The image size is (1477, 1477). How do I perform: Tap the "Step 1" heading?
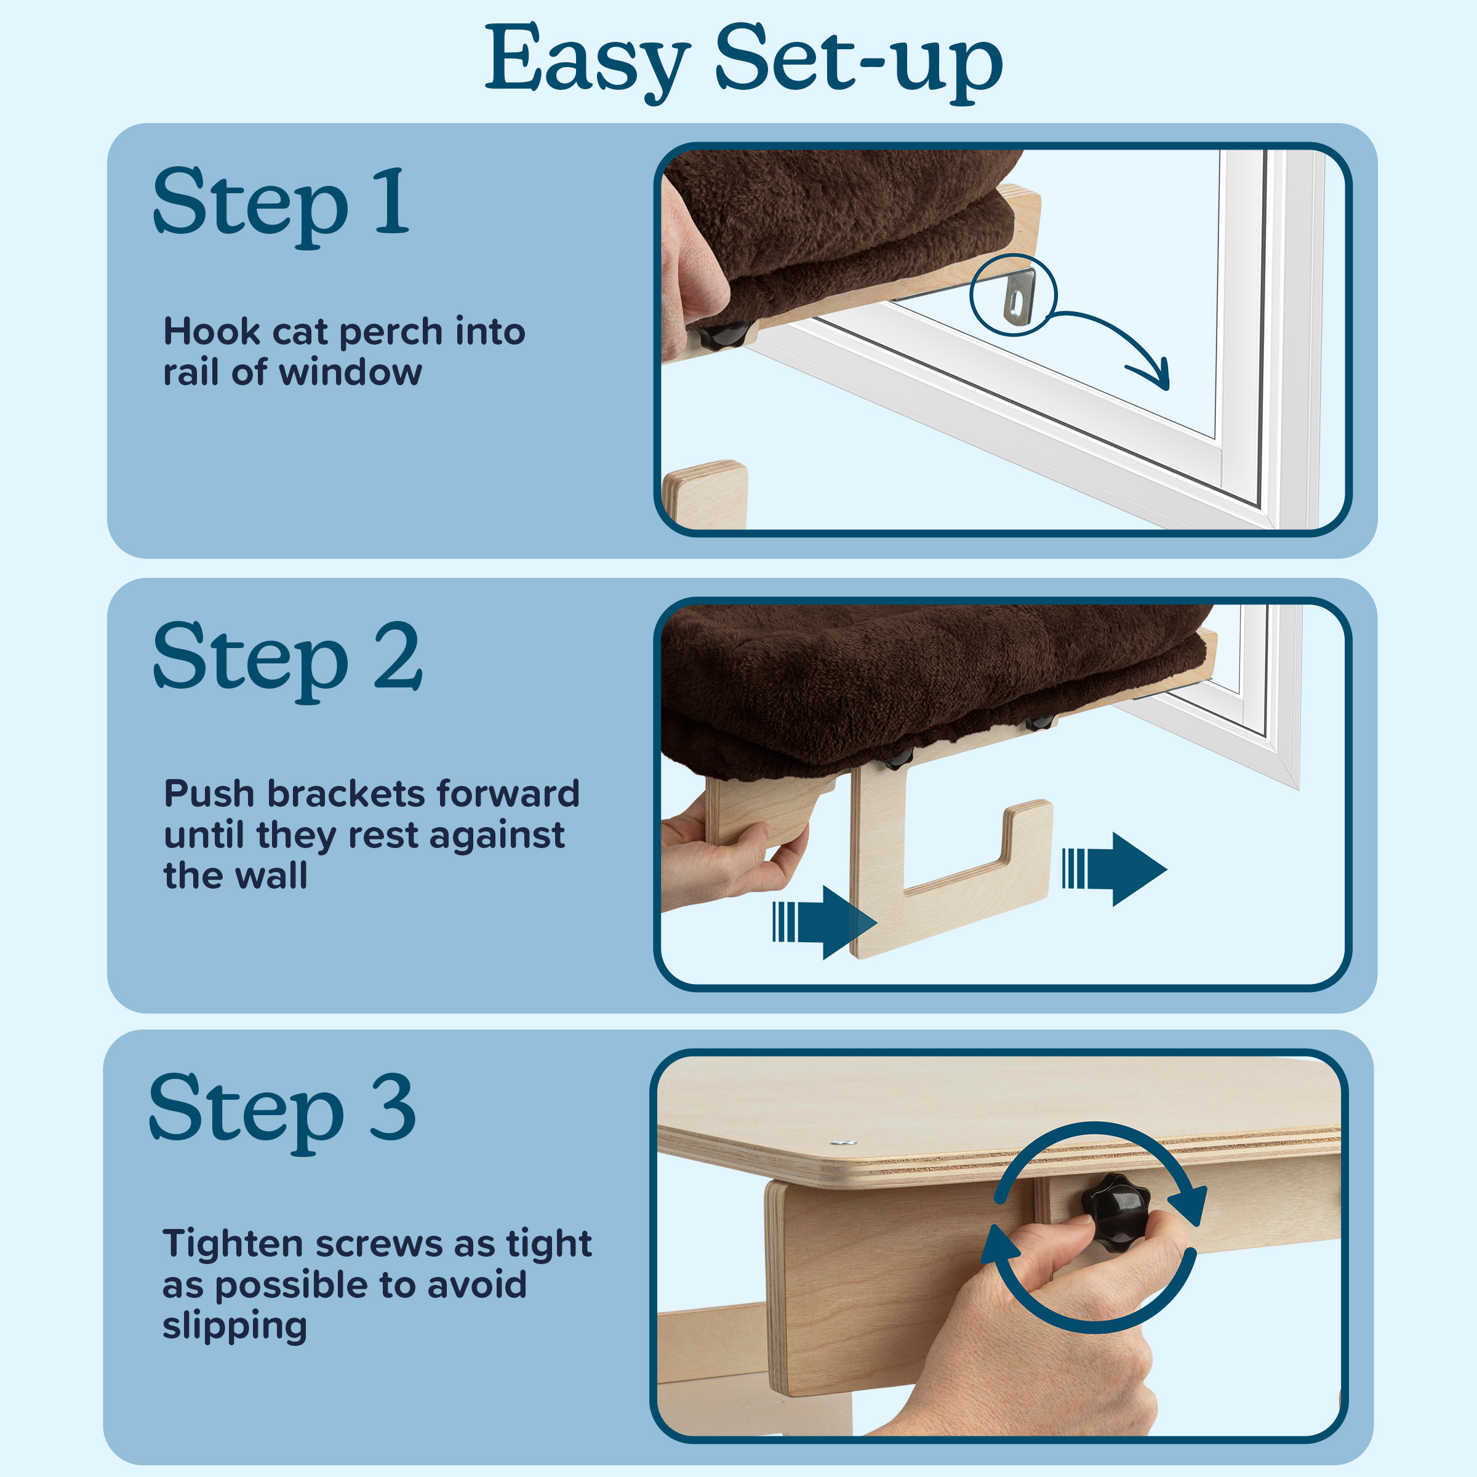pos(281,205)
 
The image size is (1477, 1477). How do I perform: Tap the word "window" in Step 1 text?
pos(350,372)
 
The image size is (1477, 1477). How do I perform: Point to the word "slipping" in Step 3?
pos(234,1327)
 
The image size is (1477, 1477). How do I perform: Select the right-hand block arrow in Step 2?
pos(1114,869)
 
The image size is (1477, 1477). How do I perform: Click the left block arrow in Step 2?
pos(825,922)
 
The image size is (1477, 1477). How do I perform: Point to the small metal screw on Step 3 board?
pos(843,1142)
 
